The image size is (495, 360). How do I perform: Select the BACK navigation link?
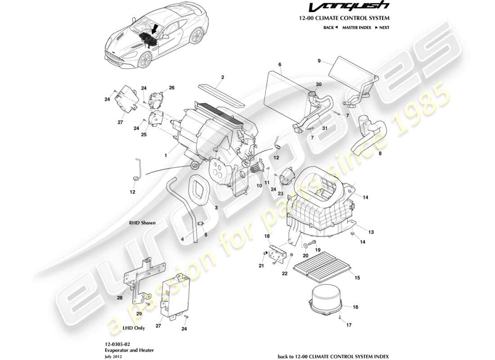[330, 27]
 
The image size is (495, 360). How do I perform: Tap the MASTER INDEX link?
[356, 27]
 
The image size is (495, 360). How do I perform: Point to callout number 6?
[279, 64]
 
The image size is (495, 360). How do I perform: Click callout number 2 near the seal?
[222, 76]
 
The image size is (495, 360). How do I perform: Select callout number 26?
[159, 87]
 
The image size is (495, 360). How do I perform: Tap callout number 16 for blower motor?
[355, 307]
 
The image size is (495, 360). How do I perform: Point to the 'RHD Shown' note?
[142, 223]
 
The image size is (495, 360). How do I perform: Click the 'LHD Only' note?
[134, 328]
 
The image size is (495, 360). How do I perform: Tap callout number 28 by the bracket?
[120, 297]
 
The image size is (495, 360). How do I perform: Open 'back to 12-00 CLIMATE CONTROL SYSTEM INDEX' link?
[333, 356]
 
